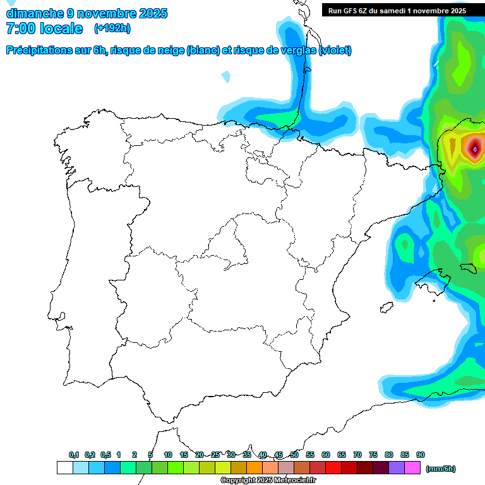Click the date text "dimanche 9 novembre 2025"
coord(87,13)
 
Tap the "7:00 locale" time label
coord(44,28)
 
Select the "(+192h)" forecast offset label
coord(112,28)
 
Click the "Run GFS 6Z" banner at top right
coord(397,10)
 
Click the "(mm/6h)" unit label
coord(440,469)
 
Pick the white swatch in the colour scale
coord(64,468)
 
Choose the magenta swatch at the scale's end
coord(412,468)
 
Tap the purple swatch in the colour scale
coord(397,468)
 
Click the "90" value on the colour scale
coord(421,455)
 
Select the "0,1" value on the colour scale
coord(74,455)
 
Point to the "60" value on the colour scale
coord(326,455)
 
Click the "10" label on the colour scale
coord(168,455)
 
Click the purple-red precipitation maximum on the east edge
coord(474,149)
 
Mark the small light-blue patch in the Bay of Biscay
coord(226,77)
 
